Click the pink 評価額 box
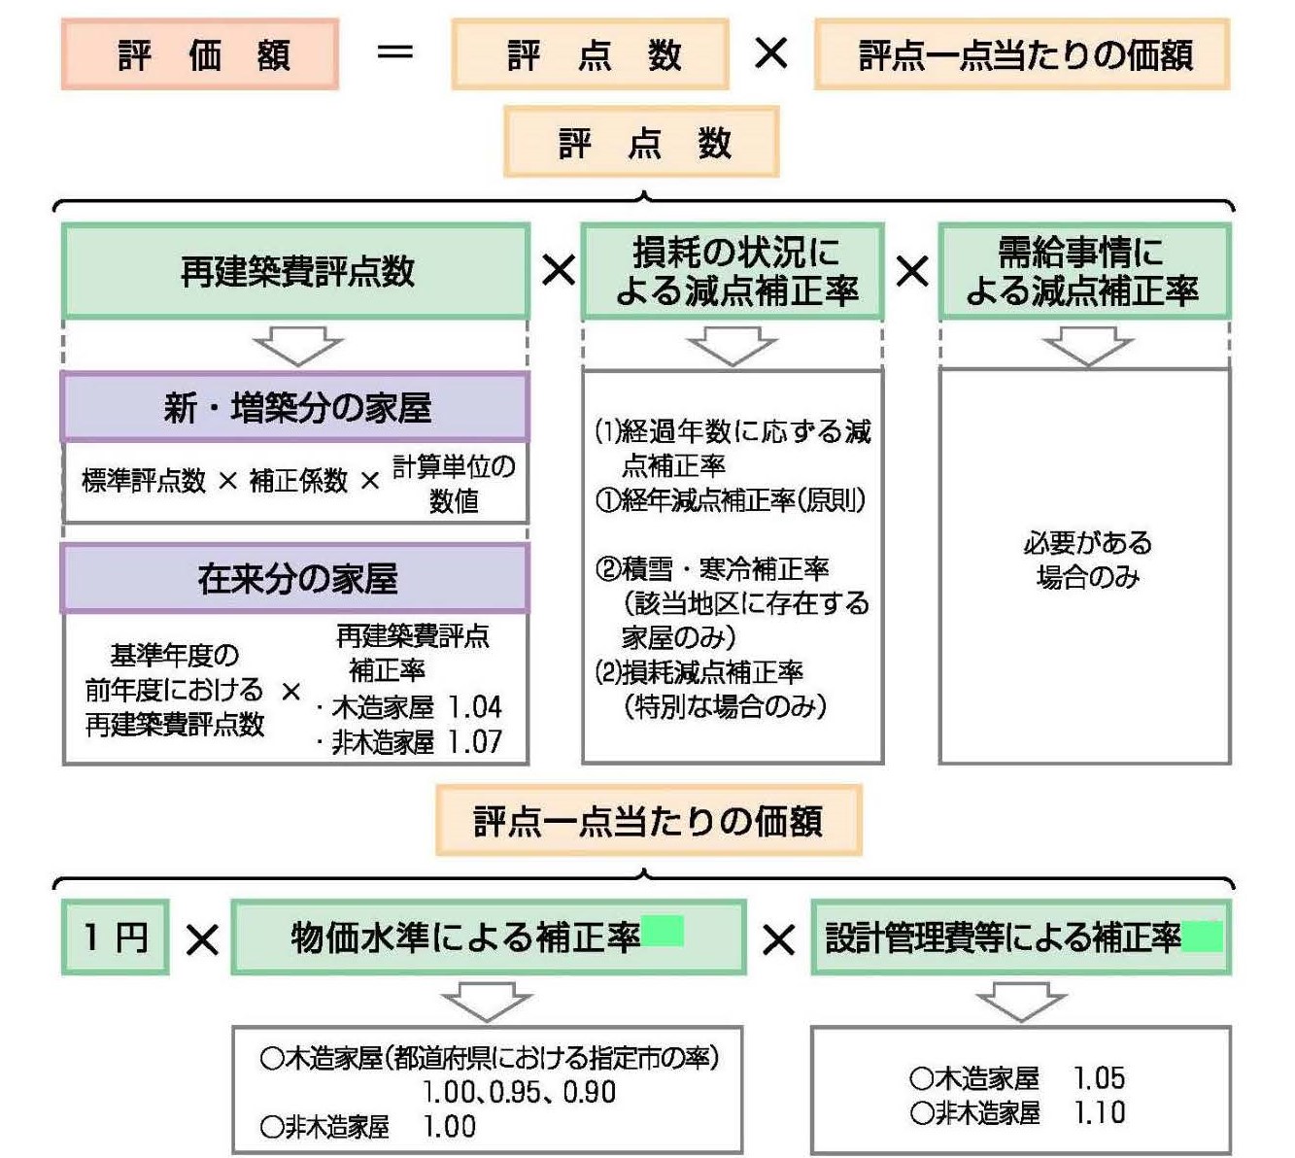(200, 54)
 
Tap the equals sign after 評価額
(394, 53)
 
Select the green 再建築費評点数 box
(296, 271)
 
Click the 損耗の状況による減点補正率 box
(733, 271)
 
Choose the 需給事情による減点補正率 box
(1084, 271)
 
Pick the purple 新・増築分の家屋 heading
(296, 407)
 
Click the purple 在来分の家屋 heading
(296, 578)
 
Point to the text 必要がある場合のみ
(1087, 560)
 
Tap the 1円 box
(116, 937)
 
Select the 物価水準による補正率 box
(488, 937)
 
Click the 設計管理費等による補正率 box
(1020, 937)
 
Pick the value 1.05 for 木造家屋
(1099, 1078)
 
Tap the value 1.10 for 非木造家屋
(1099, 1112)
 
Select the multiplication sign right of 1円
(202, 939)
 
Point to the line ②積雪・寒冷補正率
(712, 568)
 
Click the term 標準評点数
(144, 481)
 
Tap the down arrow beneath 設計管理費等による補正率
(1021, 1002)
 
